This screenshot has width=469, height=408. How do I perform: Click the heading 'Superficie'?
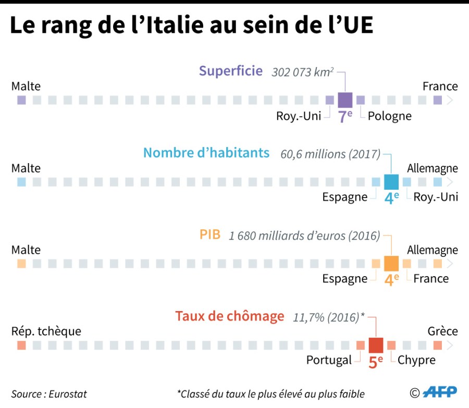coord(230,71)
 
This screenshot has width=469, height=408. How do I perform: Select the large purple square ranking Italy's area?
coord(345,100)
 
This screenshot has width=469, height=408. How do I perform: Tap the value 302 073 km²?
coord(302,72)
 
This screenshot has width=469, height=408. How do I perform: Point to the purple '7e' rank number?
coord(345,117)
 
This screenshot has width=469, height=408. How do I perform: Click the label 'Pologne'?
coord(389,116)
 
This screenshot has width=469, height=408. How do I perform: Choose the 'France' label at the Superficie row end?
coord(440,86)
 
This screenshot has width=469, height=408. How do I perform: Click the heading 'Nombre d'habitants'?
coord(206,153)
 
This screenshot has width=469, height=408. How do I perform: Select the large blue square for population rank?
coord(391,182)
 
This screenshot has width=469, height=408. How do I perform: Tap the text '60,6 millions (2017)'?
coord(330,154)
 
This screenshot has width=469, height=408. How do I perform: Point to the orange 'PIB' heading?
coord(210,234)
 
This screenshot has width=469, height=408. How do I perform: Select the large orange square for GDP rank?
coord(391,264)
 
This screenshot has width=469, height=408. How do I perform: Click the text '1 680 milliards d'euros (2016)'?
coord(304,236)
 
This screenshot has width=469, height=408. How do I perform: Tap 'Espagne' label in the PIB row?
coord(344,278)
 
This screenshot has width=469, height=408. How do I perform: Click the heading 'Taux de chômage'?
coord(230,316)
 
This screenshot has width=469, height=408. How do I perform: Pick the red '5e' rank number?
coord(376,362)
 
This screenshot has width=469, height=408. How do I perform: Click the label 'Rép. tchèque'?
coord(46,331)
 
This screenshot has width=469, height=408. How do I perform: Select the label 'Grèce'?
coord(442,331)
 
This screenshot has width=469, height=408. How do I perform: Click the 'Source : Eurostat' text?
coord(49,394)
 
